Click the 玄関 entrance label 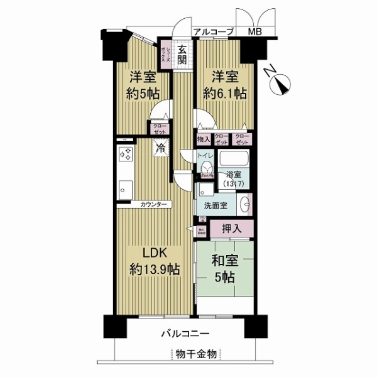(182, 55)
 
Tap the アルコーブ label (214, 31)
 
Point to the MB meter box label (255, 31)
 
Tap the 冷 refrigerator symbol (161, 149)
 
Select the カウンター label (154, 205)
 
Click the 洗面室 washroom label (216, 205)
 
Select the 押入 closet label (231, 228)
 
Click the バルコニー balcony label (188, 333)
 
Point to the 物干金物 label (196, 354)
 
